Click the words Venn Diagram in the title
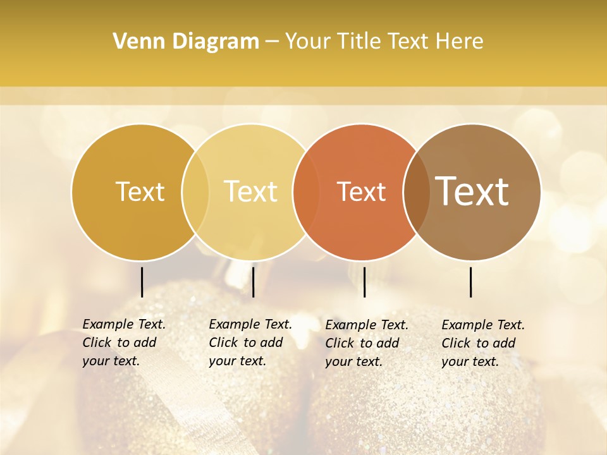click(186, 42)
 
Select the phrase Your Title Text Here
click(384, 42)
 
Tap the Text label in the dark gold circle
click(140, 191)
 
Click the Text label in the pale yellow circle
click(251, 191)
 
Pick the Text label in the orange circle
click(361, 192)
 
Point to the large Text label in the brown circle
click(472, 191)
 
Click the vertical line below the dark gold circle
click(142, 282)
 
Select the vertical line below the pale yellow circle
click(253, 282)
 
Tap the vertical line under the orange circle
click(364, 282)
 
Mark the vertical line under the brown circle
click(471, 282)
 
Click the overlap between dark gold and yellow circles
click(195, 192)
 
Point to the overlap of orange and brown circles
click(415, 192)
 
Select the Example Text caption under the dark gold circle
click(124, 343)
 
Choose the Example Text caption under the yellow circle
click(250, 343)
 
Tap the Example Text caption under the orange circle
click(367, 343)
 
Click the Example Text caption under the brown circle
click(483, 343)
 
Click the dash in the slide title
click(272, 42)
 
